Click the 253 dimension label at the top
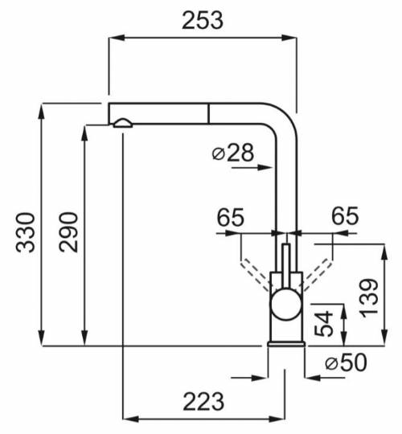[202, 21]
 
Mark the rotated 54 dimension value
[326, 324]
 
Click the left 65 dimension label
[230, 216]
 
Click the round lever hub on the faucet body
[285, 306]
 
